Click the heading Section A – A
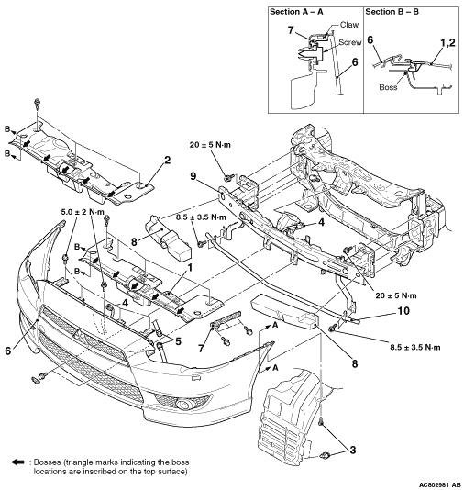(296, 12)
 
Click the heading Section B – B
(392, 12)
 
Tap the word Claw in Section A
(349, 25)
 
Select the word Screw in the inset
(350, 42)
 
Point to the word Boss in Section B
(388, 87)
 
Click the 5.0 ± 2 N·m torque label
(83, 212)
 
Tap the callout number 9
(193, 176)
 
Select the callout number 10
(403, 311)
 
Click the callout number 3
(353, 450)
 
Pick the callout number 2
(168, 161)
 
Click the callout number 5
(178, 341)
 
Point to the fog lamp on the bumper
(182, 405)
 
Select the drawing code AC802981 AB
(439, 484)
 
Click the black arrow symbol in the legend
(17, 462)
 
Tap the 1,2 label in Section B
(447, 43)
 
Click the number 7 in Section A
(291, 30)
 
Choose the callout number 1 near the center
(189, 268)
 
